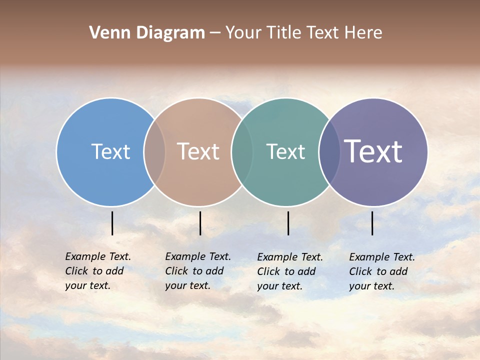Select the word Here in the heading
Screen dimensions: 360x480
363,33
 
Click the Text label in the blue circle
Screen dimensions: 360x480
110,151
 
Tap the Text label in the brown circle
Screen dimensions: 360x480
198,151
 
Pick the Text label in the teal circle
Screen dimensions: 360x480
285,151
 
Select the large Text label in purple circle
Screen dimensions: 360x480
373,151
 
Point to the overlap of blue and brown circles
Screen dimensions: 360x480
154,152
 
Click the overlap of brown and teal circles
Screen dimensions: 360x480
242,152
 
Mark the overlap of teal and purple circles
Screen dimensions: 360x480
329,152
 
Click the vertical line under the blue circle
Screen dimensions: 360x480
112,223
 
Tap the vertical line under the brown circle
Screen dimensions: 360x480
200,223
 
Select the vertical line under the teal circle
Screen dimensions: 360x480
288,223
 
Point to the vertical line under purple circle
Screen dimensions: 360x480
372,223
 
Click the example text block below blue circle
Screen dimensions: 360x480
98,271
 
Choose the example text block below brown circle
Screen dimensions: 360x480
198,271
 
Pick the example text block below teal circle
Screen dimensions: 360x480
290,271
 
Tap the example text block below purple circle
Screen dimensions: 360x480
382,271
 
